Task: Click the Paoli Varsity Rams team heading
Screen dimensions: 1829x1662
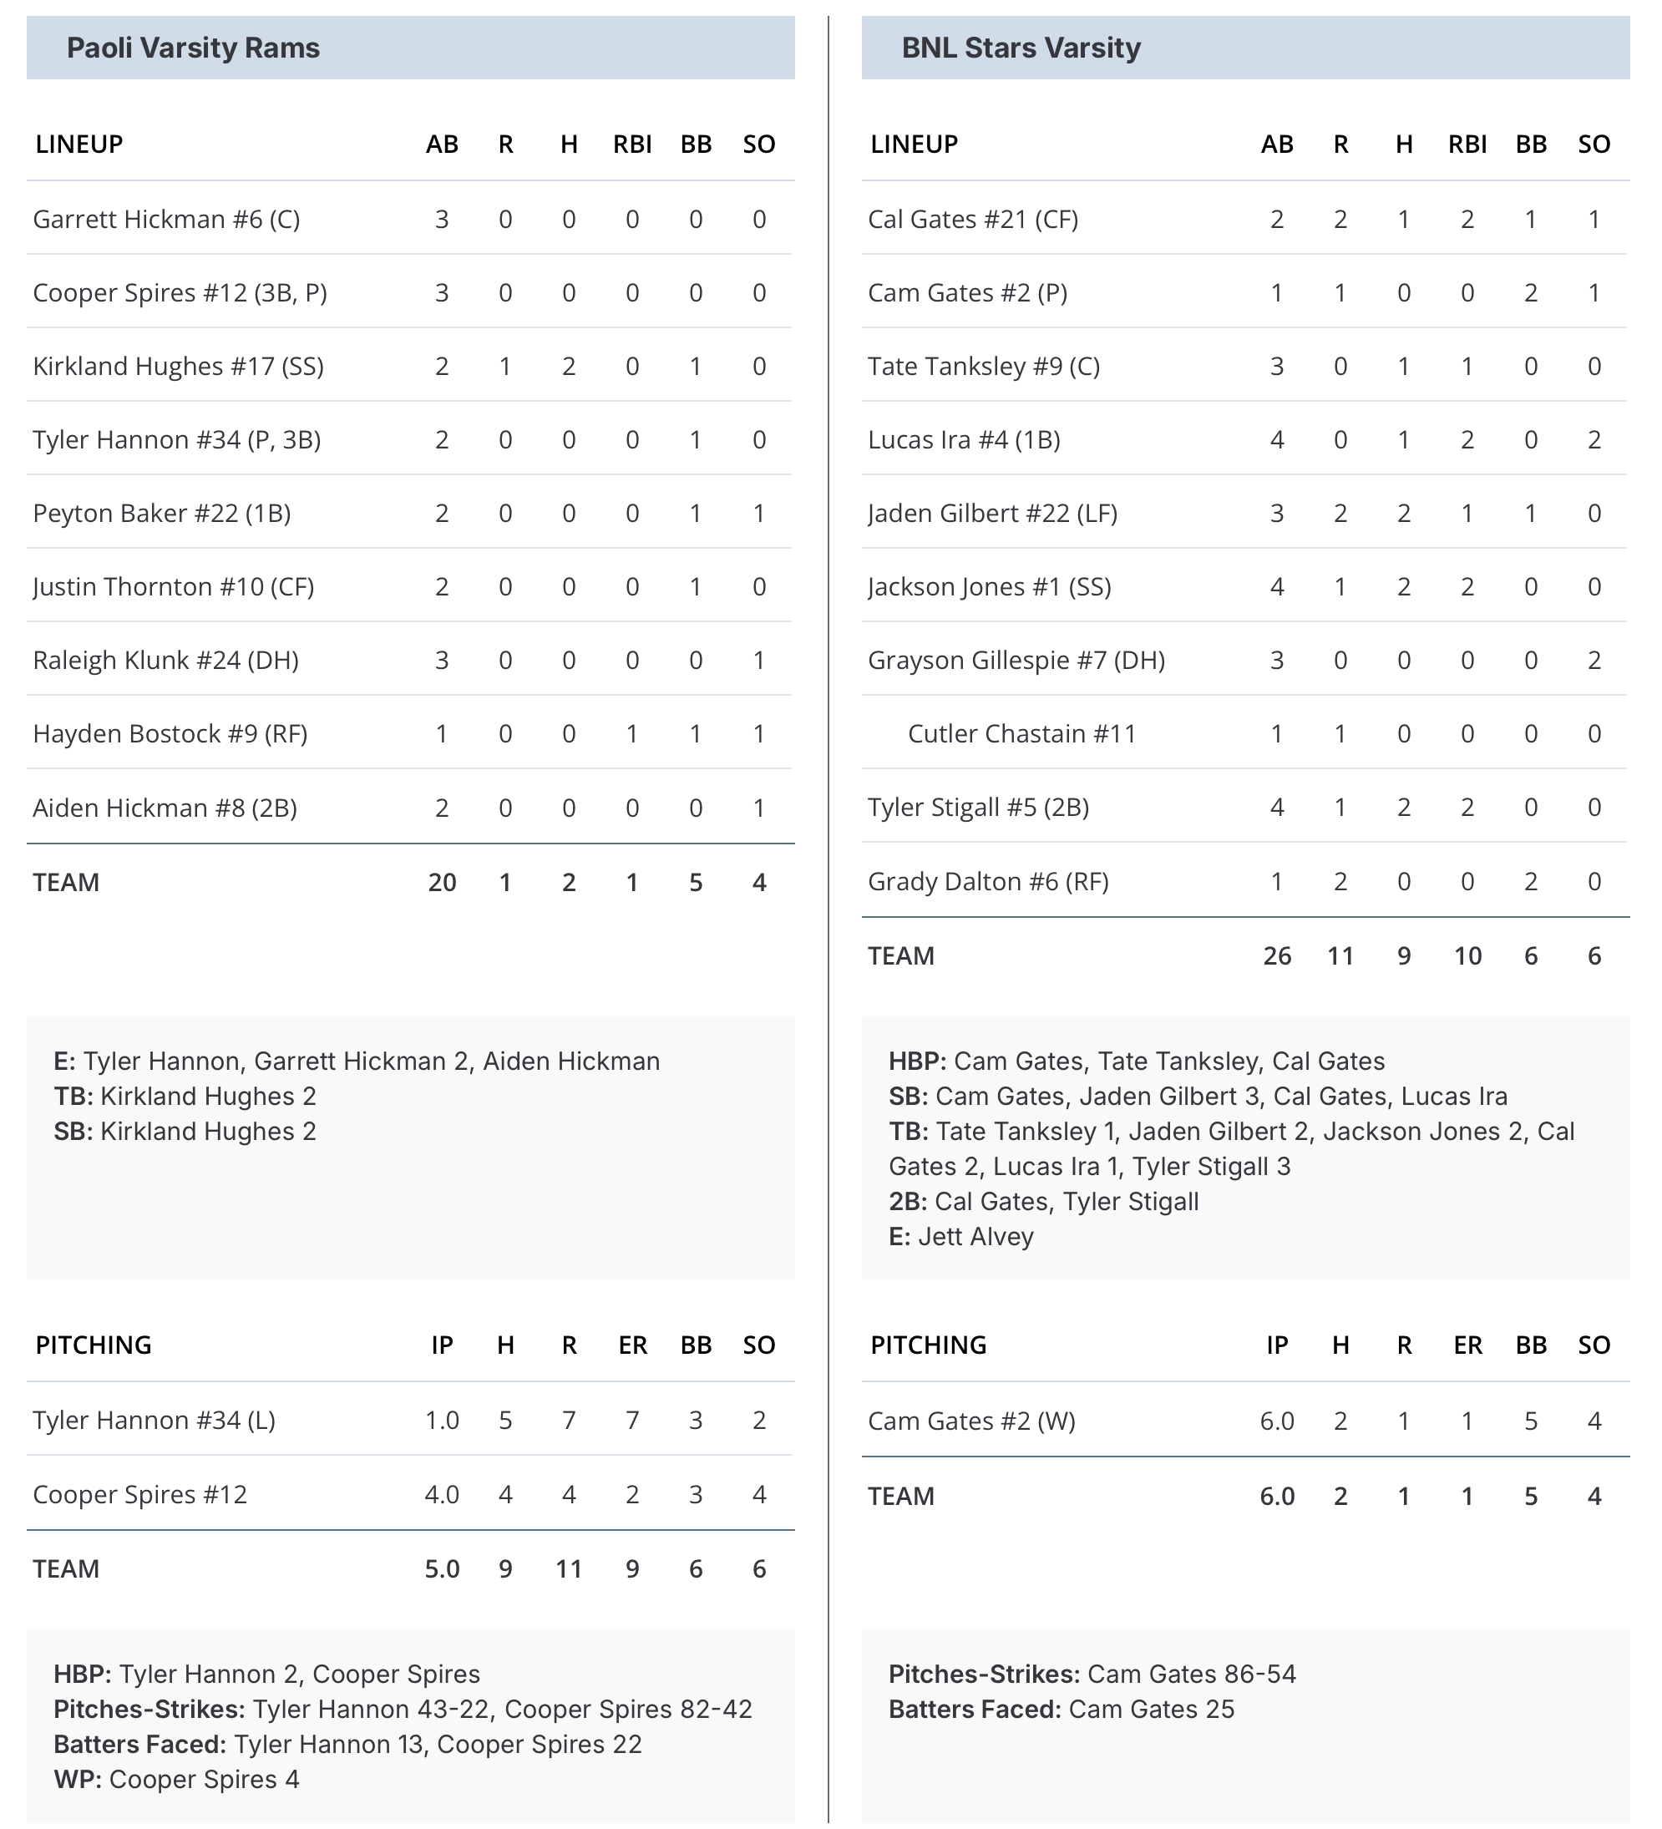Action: pyautogui.click(x=193, y=48)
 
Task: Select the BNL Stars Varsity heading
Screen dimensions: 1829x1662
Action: pyautogui.click(x=1021, y=48)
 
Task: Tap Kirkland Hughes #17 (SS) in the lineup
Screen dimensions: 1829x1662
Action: pyautogui.click(x=178, y=367)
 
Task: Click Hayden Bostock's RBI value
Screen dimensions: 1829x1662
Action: pyautogui.click(x=632, y=734)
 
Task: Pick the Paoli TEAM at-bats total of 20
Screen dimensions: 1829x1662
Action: pyautogui.click(x=442, y=883)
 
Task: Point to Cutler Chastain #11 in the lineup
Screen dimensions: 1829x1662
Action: pyautogui.click(x=1021, y=734)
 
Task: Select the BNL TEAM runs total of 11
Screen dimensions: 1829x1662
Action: pyautogui.click(x=1340, y=956)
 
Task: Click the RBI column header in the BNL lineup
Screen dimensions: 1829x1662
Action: pyautogui.click(x=1467, y=144)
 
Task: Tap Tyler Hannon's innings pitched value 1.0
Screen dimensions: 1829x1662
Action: pyautogui.click(x=442, y=1421)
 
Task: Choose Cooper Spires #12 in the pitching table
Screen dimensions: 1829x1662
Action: pyautogui.click(x=139, y=1495)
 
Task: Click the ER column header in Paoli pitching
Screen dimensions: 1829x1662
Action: pyautogui.click(x=632, y=1345)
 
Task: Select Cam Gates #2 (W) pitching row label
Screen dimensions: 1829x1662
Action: pyautogui.click(x=970, y=1421)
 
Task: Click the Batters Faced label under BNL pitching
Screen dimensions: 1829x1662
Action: pyautogui.click(x=975, y=1710)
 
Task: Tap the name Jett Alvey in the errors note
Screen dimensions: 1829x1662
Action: pyautogui.click(x=975, y=1238)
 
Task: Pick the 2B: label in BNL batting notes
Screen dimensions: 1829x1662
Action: pyautogui.click(x=907, y=1202)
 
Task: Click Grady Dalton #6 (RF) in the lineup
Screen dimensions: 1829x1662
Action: pyautogui.click(x=988, y=882)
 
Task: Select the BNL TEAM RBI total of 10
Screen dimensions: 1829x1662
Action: pyautogui.click(x=1467, y=956)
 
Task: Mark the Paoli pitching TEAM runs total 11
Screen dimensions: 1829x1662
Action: pyautogui.click(x=569, y=1569)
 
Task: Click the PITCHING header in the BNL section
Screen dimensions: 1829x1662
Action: pyautogui.click(x=928, y=1345)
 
